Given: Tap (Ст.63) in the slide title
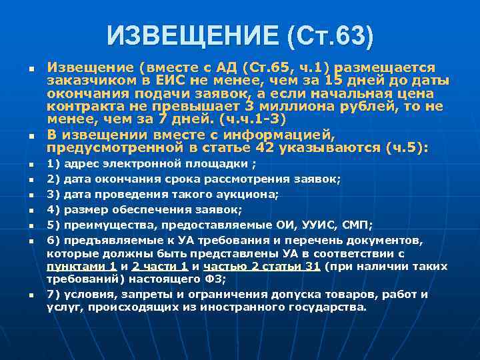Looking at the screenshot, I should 330,35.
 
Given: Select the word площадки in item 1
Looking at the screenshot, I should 213,163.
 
